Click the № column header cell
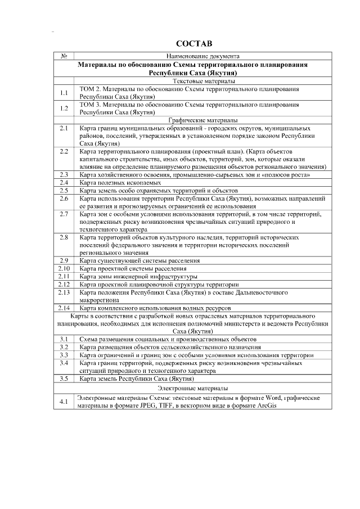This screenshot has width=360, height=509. point(64,56)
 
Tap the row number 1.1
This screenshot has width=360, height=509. point(64,93)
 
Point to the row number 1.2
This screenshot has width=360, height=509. point(64,108)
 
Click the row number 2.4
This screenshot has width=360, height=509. point(64,183)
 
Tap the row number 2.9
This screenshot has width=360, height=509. point(64,260)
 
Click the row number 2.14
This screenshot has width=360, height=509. point(64,308)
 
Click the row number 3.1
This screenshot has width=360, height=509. point(64,339)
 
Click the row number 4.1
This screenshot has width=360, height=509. point(64,402)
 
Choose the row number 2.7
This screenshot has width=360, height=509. point(64,214)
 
